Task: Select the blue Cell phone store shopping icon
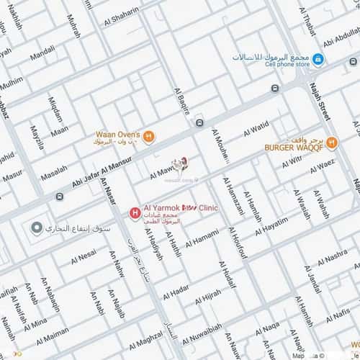click(318, 58)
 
